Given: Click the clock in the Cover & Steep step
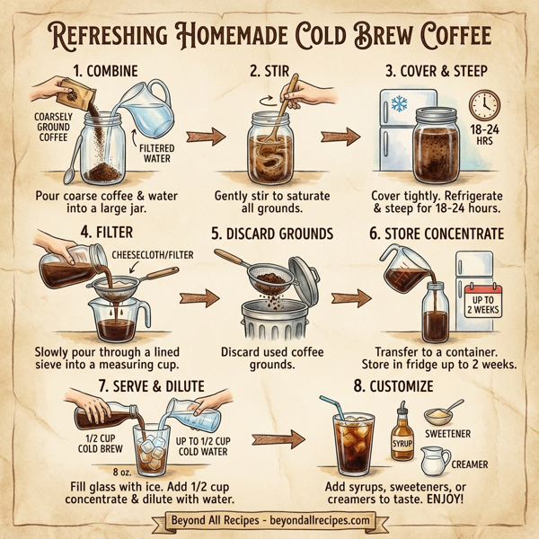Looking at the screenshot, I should tap(485, 104).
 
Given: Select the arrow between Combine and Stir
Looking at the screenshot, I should tap(202, 137).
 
